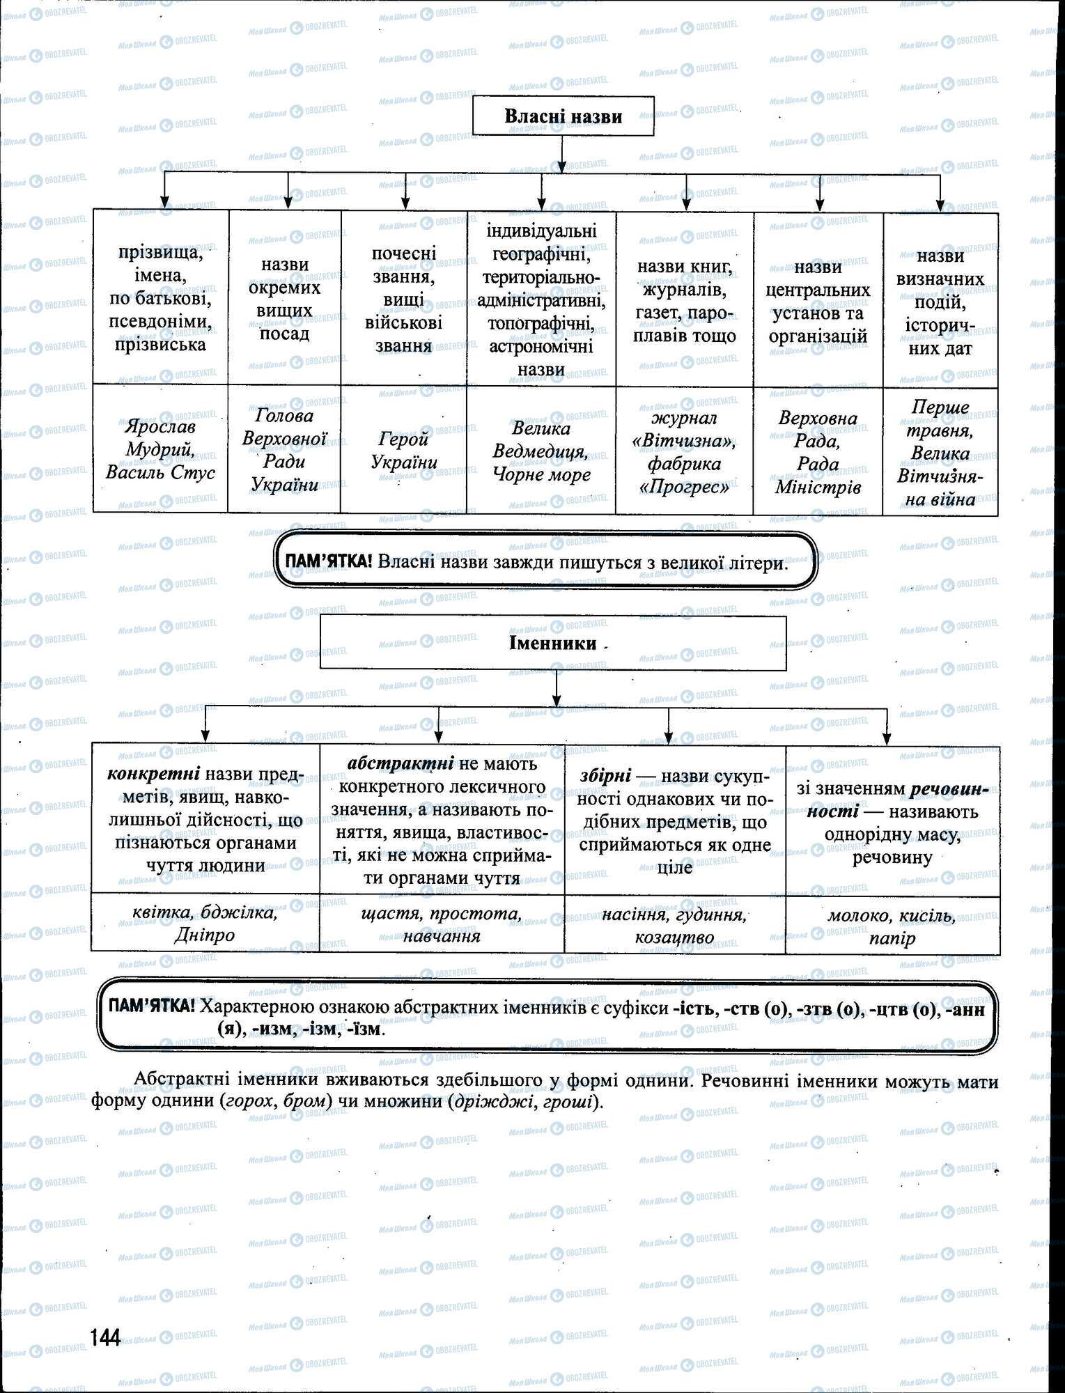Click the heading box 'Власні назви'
click(x=563, y=116)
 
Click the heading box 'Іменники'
click(x=553, y=642)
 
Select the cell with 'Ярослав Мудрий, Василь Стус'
click(x=160, y=449)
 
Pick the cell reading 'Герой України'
click(x=404, y=450)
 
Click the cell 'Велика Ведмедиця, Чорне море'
click(x=541, y=451)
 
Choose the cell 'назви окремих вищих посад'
click(x=284, y=298)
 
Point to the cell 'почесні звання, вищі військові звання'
click(x=404, y=298)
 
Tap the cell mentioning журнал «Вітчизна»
click(x=685, y=451)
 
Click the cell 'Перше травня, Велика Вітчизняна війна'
click(x=940, y=451)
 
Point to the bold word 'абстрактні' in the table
click(x=401, y=763)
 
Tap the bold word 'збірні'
click(x=605, y=775)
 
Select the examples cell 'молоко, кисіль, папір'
click(x=892, y=926)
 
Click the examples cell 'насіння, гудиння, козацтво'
click(x=674, y=926)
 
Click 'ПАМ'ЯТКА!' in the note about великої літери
click(x=325, y=562)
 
